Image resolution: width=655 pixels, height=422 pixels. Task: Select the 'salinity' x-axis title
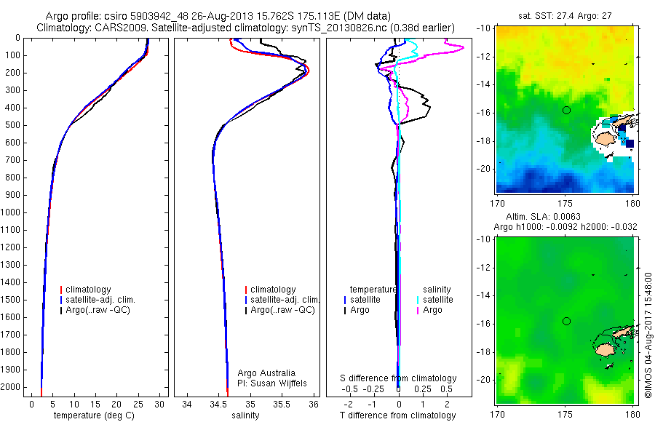(244, 415)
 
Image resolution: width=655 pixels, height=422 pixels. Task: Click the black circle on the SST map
(566, 110)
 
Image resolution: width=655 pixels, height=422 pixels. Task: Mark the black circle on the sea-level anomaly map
(566, 321)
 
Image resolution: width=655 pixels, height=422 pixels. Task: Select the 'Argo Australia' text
(267, 373)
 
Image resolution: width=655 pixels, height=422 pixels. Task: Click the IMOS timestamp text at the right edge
(648, 334)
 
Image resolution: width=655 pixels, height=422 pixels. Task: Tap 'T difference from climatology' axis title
(397, 415)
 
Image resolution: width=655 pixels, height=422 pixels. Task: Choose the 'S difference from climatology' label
(399, 378)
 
